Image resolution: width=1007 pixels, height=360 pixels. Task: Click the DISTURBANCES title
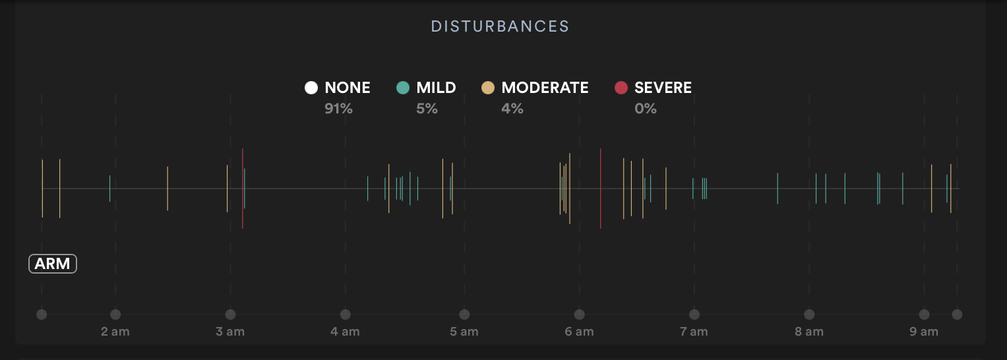coord(500,26)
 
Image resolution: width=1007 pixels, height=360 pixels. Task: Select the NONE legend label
coord(348,88)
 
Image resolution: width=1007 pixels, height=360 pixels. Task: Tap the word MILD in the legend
coord(436,88)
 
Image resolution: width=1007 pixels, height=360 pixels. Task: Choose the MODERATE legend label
coord(545,88)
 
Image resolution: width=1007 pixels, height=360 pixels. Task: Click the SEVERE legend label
coord(663,88)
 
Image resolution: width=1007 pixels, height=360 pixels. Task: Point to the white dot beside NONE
coord(311,88)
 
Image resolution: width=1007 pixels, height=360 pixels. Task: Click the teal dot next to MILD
coord(403,88)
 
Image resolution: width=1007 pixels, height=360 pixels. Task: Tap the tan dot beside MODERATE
coord(488,88)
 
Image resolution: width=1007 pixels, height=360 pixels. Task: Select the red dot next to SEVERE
coord(621,88)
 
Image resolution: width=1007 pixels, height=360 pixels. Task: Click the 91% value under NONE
coord(338,109)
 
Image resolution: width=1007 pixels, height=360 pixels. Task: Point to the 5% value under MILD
coord(427,109)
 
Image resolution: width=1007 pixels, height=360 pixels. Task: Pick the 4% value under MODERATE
coord(512,109)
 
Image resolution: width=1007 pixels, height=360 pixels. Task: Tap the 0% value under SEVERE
coord(646,109)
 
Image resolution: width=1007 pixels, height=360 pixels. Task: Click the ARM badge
coord(53,264)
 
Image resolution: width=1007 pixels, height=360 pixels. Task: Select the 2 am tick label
coord(115,332)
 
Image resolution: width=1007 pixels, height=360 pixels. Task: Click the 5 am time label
coord(464,332)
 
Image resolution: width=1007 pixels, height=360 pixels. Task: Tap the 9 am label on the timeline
coord(924,332)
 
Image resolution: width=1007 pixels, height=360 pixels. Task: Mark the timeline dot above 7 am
coord(694,315)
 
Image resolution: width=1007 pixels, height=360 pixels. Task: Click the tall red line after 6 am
coord(600,189)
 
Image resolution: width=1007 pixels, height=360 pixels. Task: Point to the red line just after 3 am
coord(243,189)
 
